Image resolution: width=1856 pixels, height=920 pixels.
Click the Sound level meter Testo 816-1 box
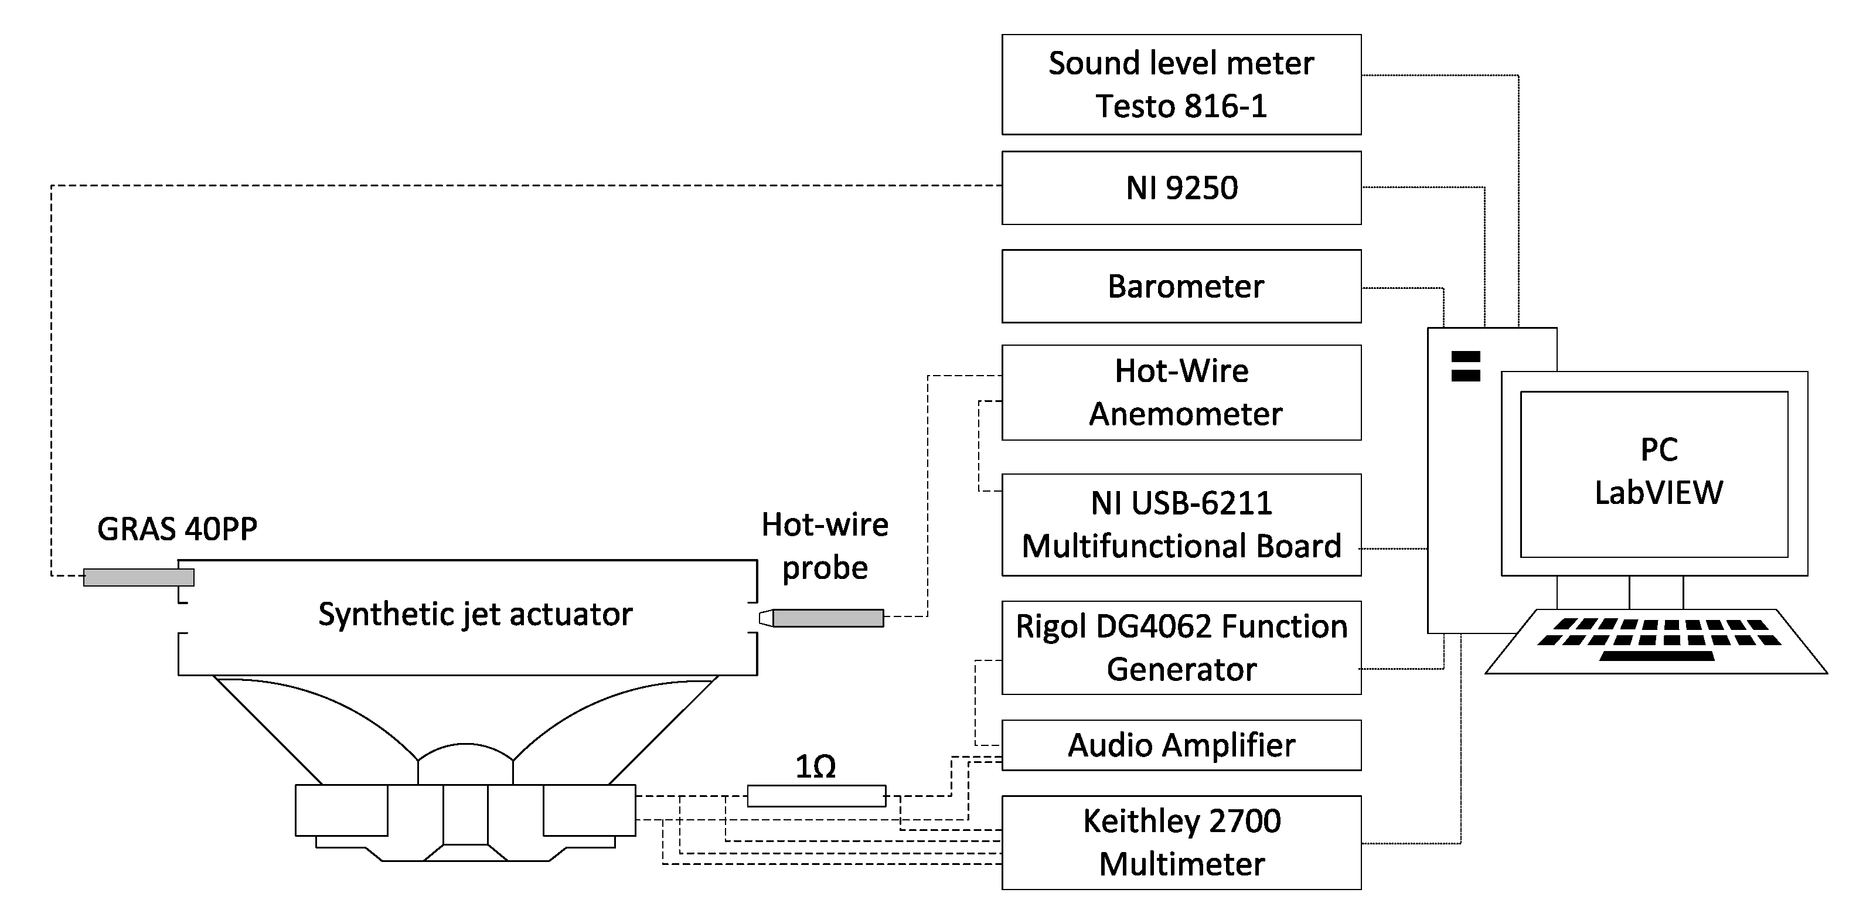1181,84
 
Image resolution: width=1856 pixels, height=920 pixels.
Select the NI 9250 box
1181,188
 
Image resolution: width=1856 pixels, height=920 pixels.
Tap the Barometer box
1181,286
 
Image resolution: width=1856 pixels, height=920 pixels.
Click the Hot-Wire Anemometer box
1181,393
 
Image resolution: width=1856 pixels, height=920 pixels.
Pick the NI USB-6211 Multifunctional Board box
1181,524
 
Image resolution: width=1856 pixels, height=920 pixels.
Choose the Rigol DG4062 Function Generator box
1181,648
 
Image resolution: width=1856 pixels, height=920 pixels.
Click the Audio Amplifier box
1181,745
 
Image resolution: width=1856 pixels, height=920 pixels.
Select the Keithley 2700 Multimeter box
1181,842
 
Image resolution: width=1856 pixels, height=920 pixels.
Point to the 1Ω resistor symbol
816,796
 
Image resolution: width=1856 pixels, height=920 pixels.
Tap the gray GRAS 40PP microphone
138,577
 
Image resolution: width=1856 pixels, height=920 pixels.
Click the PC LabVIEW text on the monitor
1658,471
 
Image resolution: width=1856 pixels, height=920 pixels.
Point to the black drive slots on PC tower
1466,366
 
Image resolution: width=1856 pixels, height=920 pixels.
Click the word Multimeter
1181,864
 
